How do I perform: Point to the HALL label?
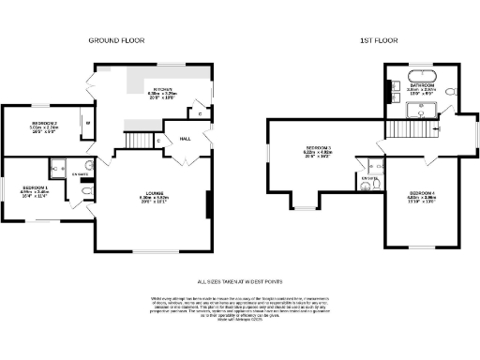tap(186, 138)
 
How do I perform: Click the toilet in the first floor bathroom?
tap(453, 92)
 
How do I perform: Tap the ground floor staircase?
tap(140, 140)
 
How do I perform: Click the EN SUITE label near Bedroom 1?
tap(82, 174)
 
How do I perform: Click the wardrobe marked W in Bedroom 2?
tap(88, 122)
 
